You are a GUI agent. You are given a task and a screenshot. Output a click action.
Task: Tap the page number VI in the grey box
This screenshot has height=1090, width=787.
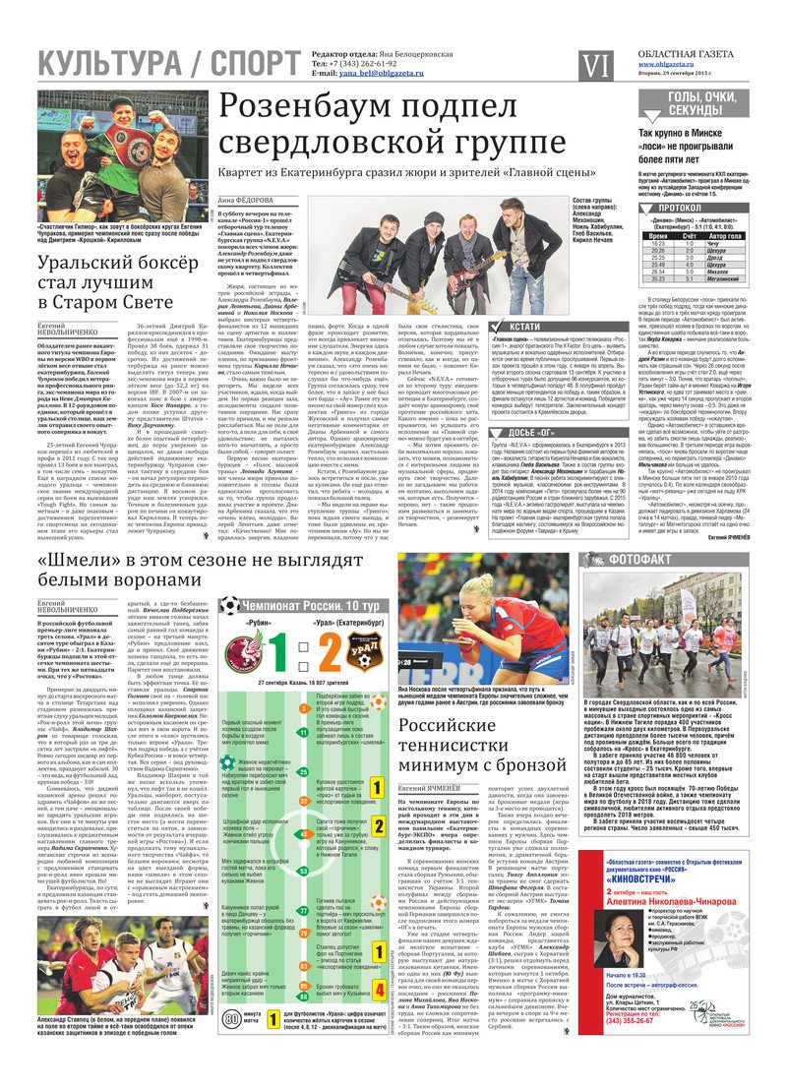pyautogui.click(x=595, y=65)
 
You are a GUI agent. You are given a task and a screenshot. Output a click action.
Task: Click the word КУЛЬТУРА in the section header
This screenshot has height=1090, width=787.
pyautogui.click(x=102, y=64)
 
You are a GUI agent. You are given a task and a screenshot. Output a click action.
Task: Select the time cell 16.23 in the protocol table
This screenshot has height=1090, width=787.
pyautogui.click(x=658, y=244)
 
